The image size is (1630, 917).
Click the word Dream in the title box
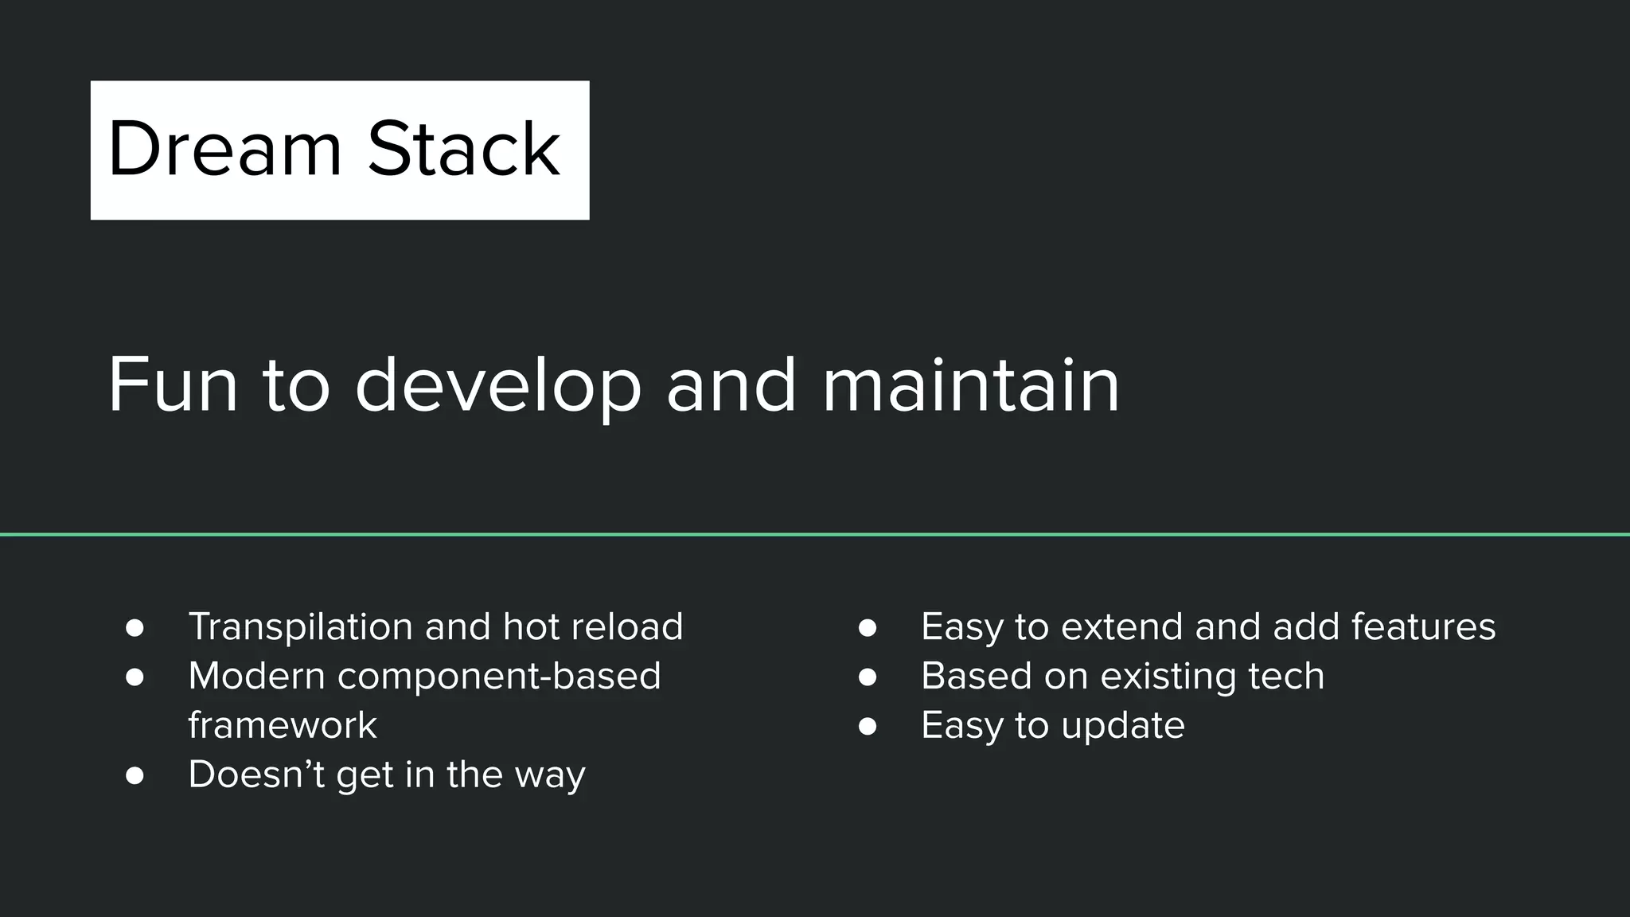[x=224, y=149]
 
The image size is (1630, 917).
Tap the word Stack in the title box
[x=464, y=149]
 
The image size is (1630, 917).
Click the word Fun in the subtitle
[x=173, y=384]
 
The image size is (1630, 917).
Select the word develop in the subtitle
[x=498, y=386]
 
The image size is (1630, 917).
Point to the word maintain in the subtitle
[x=970, y=384]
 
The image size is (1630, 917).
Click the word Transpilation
[x=300, y=627]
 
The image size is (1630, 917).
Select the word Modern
[x=256, y=676]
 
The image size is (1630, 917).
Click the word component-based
[x=499, y=677]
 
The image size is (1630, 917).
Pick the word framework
[x=283, y=725]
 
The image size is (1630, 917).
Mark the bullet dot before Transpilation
[x=135, y=628]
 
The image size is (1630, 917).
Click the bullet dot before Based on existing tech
[x=868, y=677]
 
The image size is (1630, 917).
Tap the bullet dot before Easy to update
[x=868, y=726]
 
